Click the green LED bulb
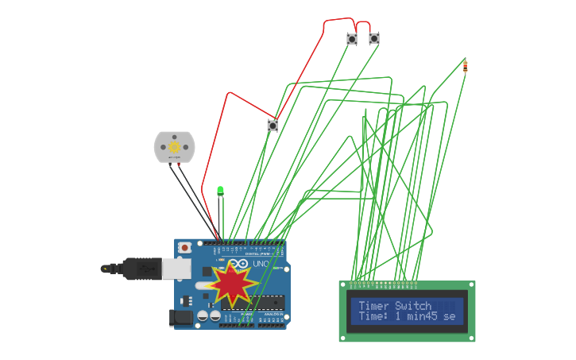tap(220, 190)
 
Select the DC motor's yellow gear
tap(174, 147)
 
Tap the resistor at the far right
tap(465, 66)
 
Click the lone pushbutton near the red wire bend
tap(273, 125)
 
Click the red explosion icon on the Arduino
tap(231, 284)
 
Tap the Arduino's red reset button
tap(185, 247)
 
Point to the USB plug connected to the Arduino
tap(143, 269)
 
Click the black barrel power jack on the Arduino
tap(182, 318)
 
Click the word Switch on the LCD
tap(413, 306)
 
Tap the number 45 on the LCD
tap(431, 316)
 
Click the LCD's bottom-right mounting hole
tap(471, 338)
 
